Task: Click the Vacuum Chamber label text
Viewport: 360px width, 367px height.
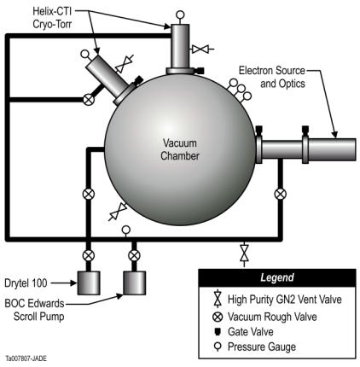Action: pos(179,149)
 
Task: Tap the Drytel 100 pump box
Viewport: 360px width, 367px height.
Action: pos(89,283)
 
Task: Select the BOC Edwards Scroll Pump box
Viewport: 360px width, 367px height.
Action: pos(135,283)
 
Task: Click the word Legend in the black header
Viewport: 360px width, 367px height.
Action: pos(277,277)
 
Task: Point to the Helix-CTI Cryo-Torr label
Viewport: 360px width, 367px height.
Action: pos(52,18)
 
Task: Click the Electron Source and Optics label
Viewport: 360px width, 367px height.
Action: pos(272,77)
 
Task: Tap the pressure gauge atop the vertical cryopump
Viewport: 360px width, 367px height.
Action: pos(180,15)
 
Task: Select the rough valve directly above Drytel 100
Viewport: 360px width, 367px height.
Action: pos(89,255)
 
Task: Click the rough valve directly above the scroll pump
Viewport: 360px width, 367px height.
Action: pos(134,255)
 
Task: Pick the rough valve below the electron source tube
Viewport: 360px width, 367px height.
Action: pos(281,194)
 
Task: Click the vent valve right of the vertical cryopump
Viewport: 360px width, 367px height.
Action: pos(202,50)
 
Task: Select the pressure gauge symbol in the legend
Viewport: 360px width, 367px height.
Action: pos(218,347)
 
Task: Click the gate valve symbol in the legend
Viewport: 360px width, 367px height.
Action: pos(218,332)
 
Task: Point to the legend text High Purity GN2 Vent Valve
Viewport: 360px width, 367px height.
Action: pos(285,300)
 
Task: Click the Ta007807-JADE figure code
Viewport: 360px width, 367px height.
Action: pos(26,358)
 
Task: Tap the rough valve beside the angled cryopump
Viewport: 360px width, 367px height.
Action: pos(89,100)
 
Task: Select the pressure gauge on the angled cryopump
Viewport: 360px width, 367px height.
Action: pos(86,55)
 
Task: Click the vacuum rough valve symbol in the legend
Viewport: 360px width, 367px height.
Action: pos(218,317)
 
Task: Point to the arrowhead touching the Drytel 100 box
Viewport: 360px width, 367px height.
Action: pos(74,283)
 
